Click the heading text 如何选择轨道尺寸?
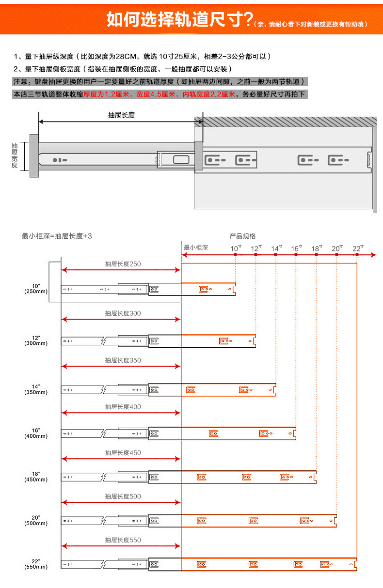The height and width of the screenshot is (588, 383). pyautogui.click(x=180, y=19)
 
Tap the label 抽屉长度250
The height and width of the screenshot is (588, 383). pyautogui.click(x=123, y=264)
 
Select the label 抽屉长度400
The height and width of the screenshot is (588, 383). pyautogui.click(x=123, y=407)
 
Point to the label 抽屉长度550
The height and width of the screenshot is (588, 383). pyautogui.click(x=123, y=540)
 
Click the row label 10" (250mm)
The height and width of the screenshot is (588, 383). pyautogui.click(x=36, y=289)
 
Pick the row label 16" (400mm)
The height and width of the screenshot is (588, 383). pyautogui.click(x=36, y=433)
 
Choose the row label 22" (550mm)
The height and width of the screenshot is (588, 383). pyautogui.click(x=36, y=564)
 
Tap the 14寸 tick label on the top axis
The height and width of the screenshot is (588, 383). pyautogui.click(x=276, y=248)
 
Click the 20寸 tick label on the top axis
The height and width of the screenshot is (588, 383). pyautogui.click(x=337, y=248)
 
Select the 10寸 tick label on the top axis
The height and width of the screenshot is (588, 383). pyautogui.click(x=236, y=248)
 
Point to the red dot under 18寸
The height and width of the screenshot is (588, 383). pyautogui.click(x=316, y=255)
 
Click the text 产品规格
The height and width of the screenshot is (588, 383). pyautogui.click(x=242, y=236)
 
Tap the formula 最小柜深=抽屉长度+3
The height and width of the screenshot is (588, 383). pyautogui.click(x=57, y=236)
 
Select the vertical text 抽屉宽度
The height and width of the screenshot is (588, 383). pyautogui.click(x=15, y=155)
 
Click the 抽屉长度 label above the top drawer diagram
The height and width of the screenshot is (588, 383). pyautogui.click(x=121, y=115)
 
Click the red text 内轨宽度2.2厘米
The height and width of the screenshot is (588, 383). pyautogui.click(x=209, y=94)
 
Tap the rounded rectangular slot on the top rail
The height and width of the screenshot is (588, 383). pyautogui.click(x=181, y=160)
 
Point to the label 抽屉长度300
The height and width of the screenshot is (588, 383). pyautogui.click(x=123, y=313)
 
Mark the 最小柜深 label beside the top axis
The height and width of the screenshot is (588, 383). pyautogui.click(x=196, y=248)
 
